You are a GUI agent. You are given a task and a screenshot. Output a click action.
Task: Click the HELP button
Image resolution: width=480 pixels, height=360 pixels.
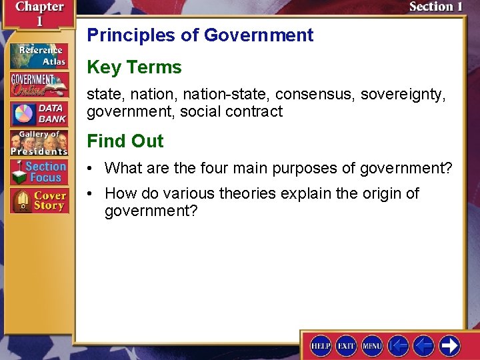pyautogui.click(x=321, y=345)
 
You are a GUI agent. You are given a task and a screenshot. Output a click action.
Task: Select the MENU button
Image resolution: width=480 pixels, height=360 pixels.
pyautogui.click(x=372, y=345)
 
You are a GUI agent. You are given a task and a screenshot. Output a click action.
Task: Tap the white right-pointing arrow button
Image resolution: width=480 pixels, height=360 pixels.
pyautogui.click(x=449, y=345)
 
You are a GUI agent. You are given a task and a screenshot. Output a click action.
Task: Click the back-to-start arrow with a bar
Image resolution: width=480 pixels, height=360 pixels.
pyautogui.click(x=398, y=345)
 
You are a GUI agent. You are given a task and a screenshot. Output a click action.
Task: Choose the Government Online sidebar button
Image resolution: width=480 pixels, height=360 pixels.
pyautogui.click(x=39, y=85)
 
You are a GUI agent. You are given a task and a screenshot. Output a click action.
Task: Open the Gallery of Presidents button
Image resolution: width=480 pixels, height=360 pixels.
pyautogui.click(x=39, y=143)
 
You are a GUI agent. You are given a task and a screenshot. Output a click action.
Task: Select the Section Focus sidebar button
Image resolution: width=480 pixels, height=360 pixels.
pyautogui.click(x=39, y=172)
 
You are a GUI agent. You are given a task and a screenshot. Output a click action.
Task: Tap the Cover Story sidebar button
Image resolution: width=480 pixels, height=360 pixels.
pyautogui.click(x=39, y=201)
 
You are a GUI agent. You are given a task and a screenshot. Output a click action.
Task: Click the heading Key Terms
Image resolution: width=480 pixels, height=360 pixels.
pyautogui.click(x=134, y=67)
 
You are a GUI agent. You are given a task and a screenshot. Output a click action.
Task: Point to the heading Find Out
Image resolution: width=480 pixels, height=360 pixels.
pyautogui.click(x=125, y=141)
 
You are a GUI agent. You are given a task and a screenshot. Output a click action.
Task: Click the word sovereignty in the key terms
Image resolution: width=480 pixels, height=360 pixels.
pyautogui.click(x=403, y=95)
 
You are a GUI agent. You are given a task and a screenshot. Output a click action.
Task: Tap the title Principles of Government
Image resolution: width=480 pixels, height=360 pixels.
pyautogui.click(x=200, y=35)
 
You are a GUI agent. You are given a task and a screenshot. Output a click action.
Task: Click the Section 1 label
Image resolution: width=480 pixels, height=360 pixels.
pyautogui.click(x=435, y=7)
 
